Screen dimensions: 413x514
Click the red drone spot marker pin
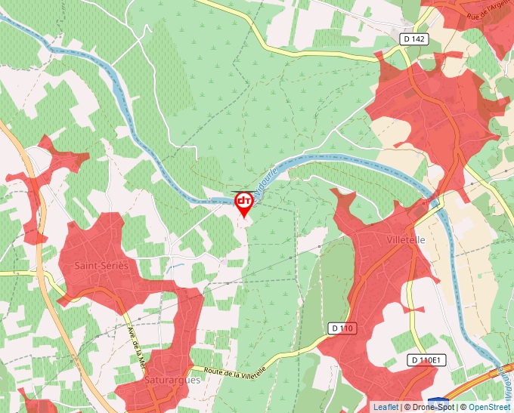pos(244,202)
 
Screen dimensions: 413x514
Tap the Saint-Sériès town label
pos(101,266)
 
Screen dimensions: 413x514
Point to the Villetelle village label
pos(405,239)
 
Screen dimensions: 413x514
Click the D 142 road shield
pos(414,39)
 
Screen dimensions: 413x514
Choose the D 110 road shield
pos(342,328)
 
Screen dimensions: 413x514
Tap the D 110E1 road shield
pos(425,360)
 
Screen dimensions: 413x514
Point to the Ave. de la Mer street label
pos(136,348)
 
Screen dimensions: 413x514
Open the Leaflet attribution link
pos(386,407)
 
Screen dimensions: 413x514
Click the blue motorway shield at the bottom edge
pos(437,401)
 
